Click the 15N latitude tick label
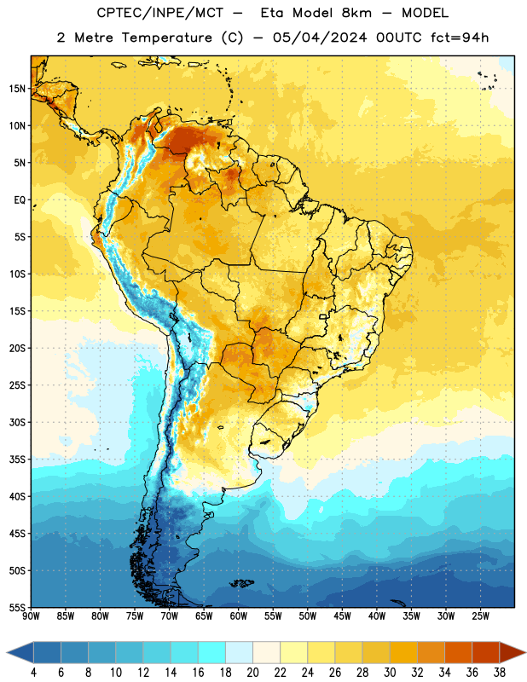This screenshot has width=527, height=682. click(x=17, y=89)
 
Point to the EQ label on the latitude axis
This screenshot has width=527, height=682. click(x=20, y=200)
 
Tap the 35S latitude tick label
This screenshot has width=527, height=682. click(x=17, y=459)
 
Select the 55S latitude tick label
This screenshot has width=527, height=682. click(x=17, y=607)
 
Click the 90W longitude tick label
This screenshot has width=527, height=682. click(x=31, y=616)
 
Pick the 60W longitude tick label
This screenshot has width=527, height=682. click(x=239, y=616)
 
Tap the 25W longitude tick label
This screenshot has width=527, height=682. click(x=480, y=616)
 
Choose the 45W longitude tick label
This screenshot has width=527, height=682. click(x=343, y=616)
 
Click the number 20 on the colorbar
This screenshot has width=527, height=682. click(x=252, y=673)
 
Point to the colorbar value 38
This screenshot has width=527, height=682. click(x=499, y=673)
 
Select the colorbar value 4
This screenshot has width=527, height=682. click(x=33, y=673)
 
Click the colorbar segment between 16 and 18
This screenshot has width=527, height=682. click(x=212, y=652)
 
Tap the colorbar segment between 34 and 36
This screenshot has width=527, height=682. click(x=458, y=652)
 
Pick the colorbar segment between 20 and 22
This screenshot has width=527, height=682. click(x=267, y=652)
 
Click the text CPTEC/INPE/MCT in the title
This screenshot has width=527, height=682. click(x=159, y=13)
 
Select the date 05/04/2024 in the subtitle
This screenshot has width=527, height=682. click(x=320, y=38)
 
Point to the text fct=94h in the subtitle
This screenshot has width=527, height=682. click(x=460, y=38)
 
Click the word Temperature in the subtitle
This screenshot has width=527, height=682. click(x=166, y=38)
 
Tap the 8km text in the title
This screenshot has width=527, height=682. click(x=356, y=13)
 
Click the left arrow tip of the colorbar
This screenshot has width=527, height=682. click(x=7, y=652)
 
